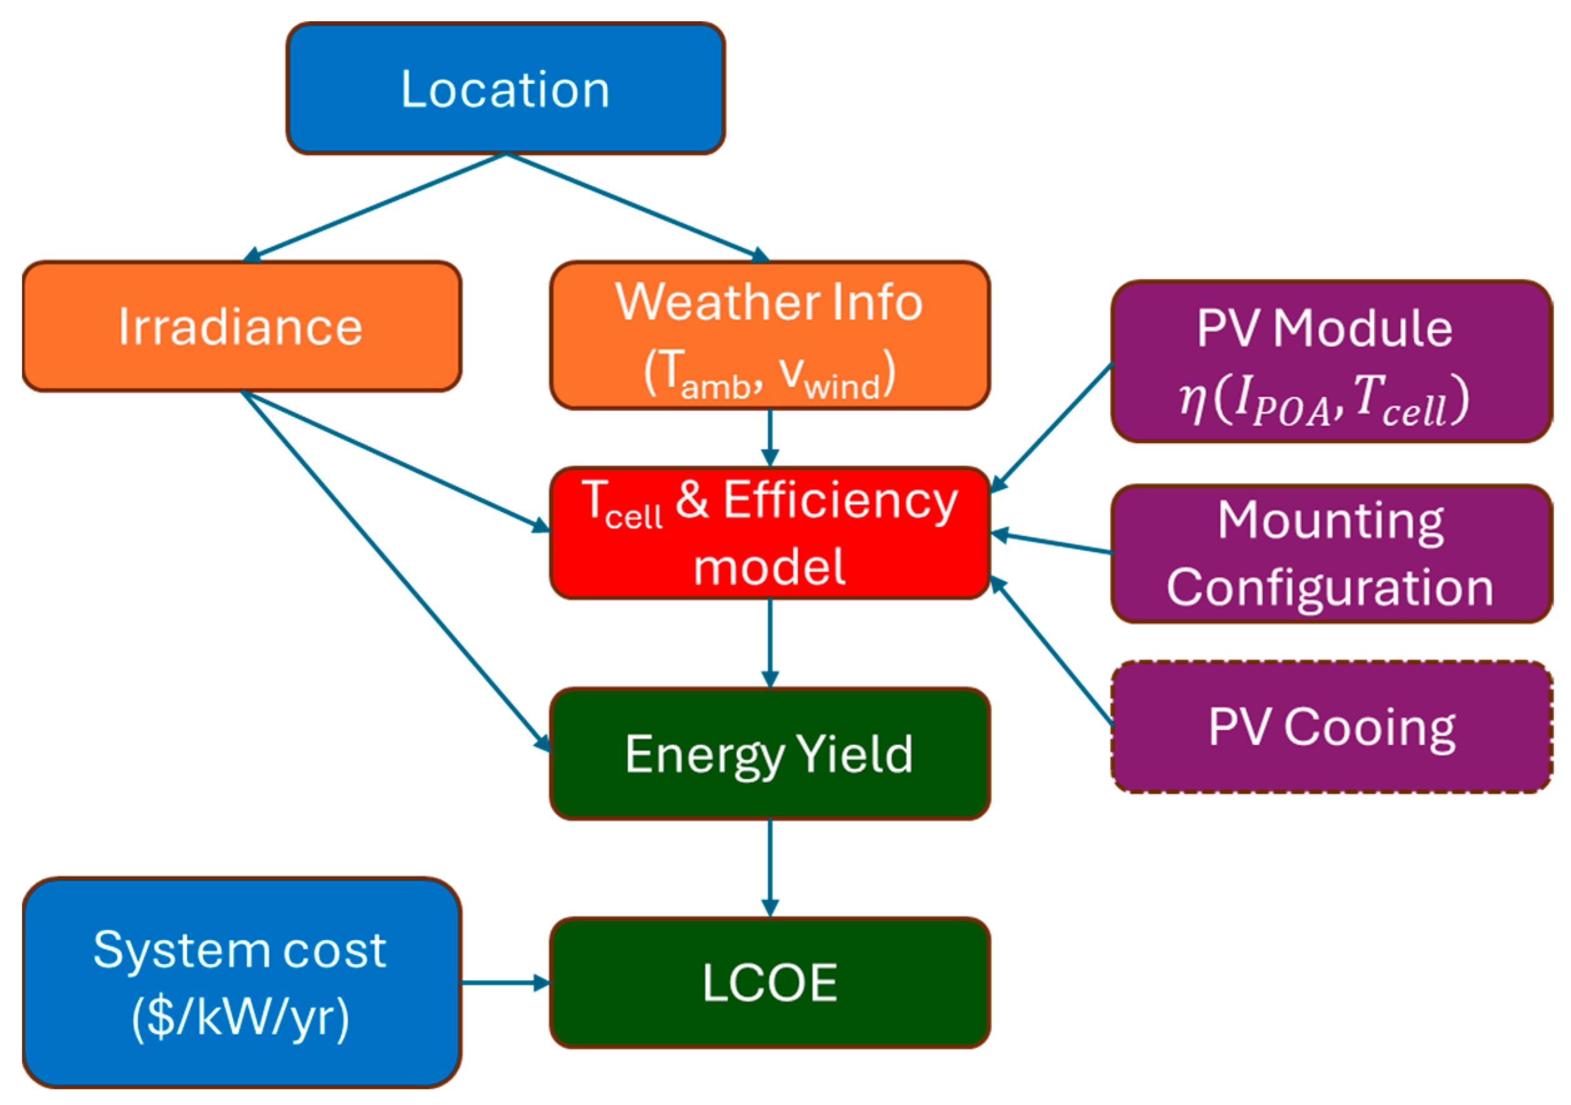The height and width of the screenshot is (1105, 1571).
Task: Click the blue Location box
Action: (x=505, y=88)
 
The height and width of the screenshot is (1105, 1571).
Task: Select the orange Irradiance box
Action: (x=241, y=327)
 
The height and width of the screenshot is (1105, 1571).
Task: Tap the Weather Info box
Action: (x=769, y=335)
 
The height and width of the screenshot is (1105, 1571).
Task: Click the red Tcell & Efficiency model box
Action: (x=769, y=532)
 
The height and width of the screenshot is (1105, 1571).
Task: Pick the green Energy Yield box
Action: (x=769, y=754)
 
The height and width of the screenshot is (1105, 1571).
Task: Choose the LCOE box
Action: (x=769, y=982)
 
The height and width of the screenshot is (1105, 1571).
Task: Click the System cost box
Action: (x=241, y=982)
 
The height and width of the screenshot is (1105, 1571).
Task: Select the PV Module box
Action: (x=1331, y=361)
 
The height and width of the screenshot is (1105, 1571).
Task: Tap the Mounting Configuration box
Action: (x=1331, y=553)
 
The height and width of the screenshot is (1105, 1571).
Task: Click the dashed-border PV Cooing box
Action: (x=1331, y=727)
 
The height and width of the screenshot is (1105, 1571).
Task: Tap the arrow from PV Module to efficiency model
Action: (x=1051, y=427)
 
